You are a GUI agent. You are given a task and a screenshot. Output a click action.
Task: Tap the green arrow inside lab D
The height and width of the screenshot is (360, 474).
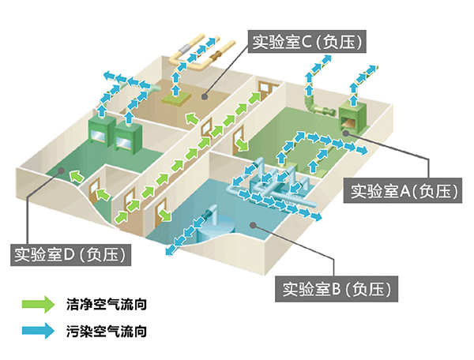click(x=76, y=174)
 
